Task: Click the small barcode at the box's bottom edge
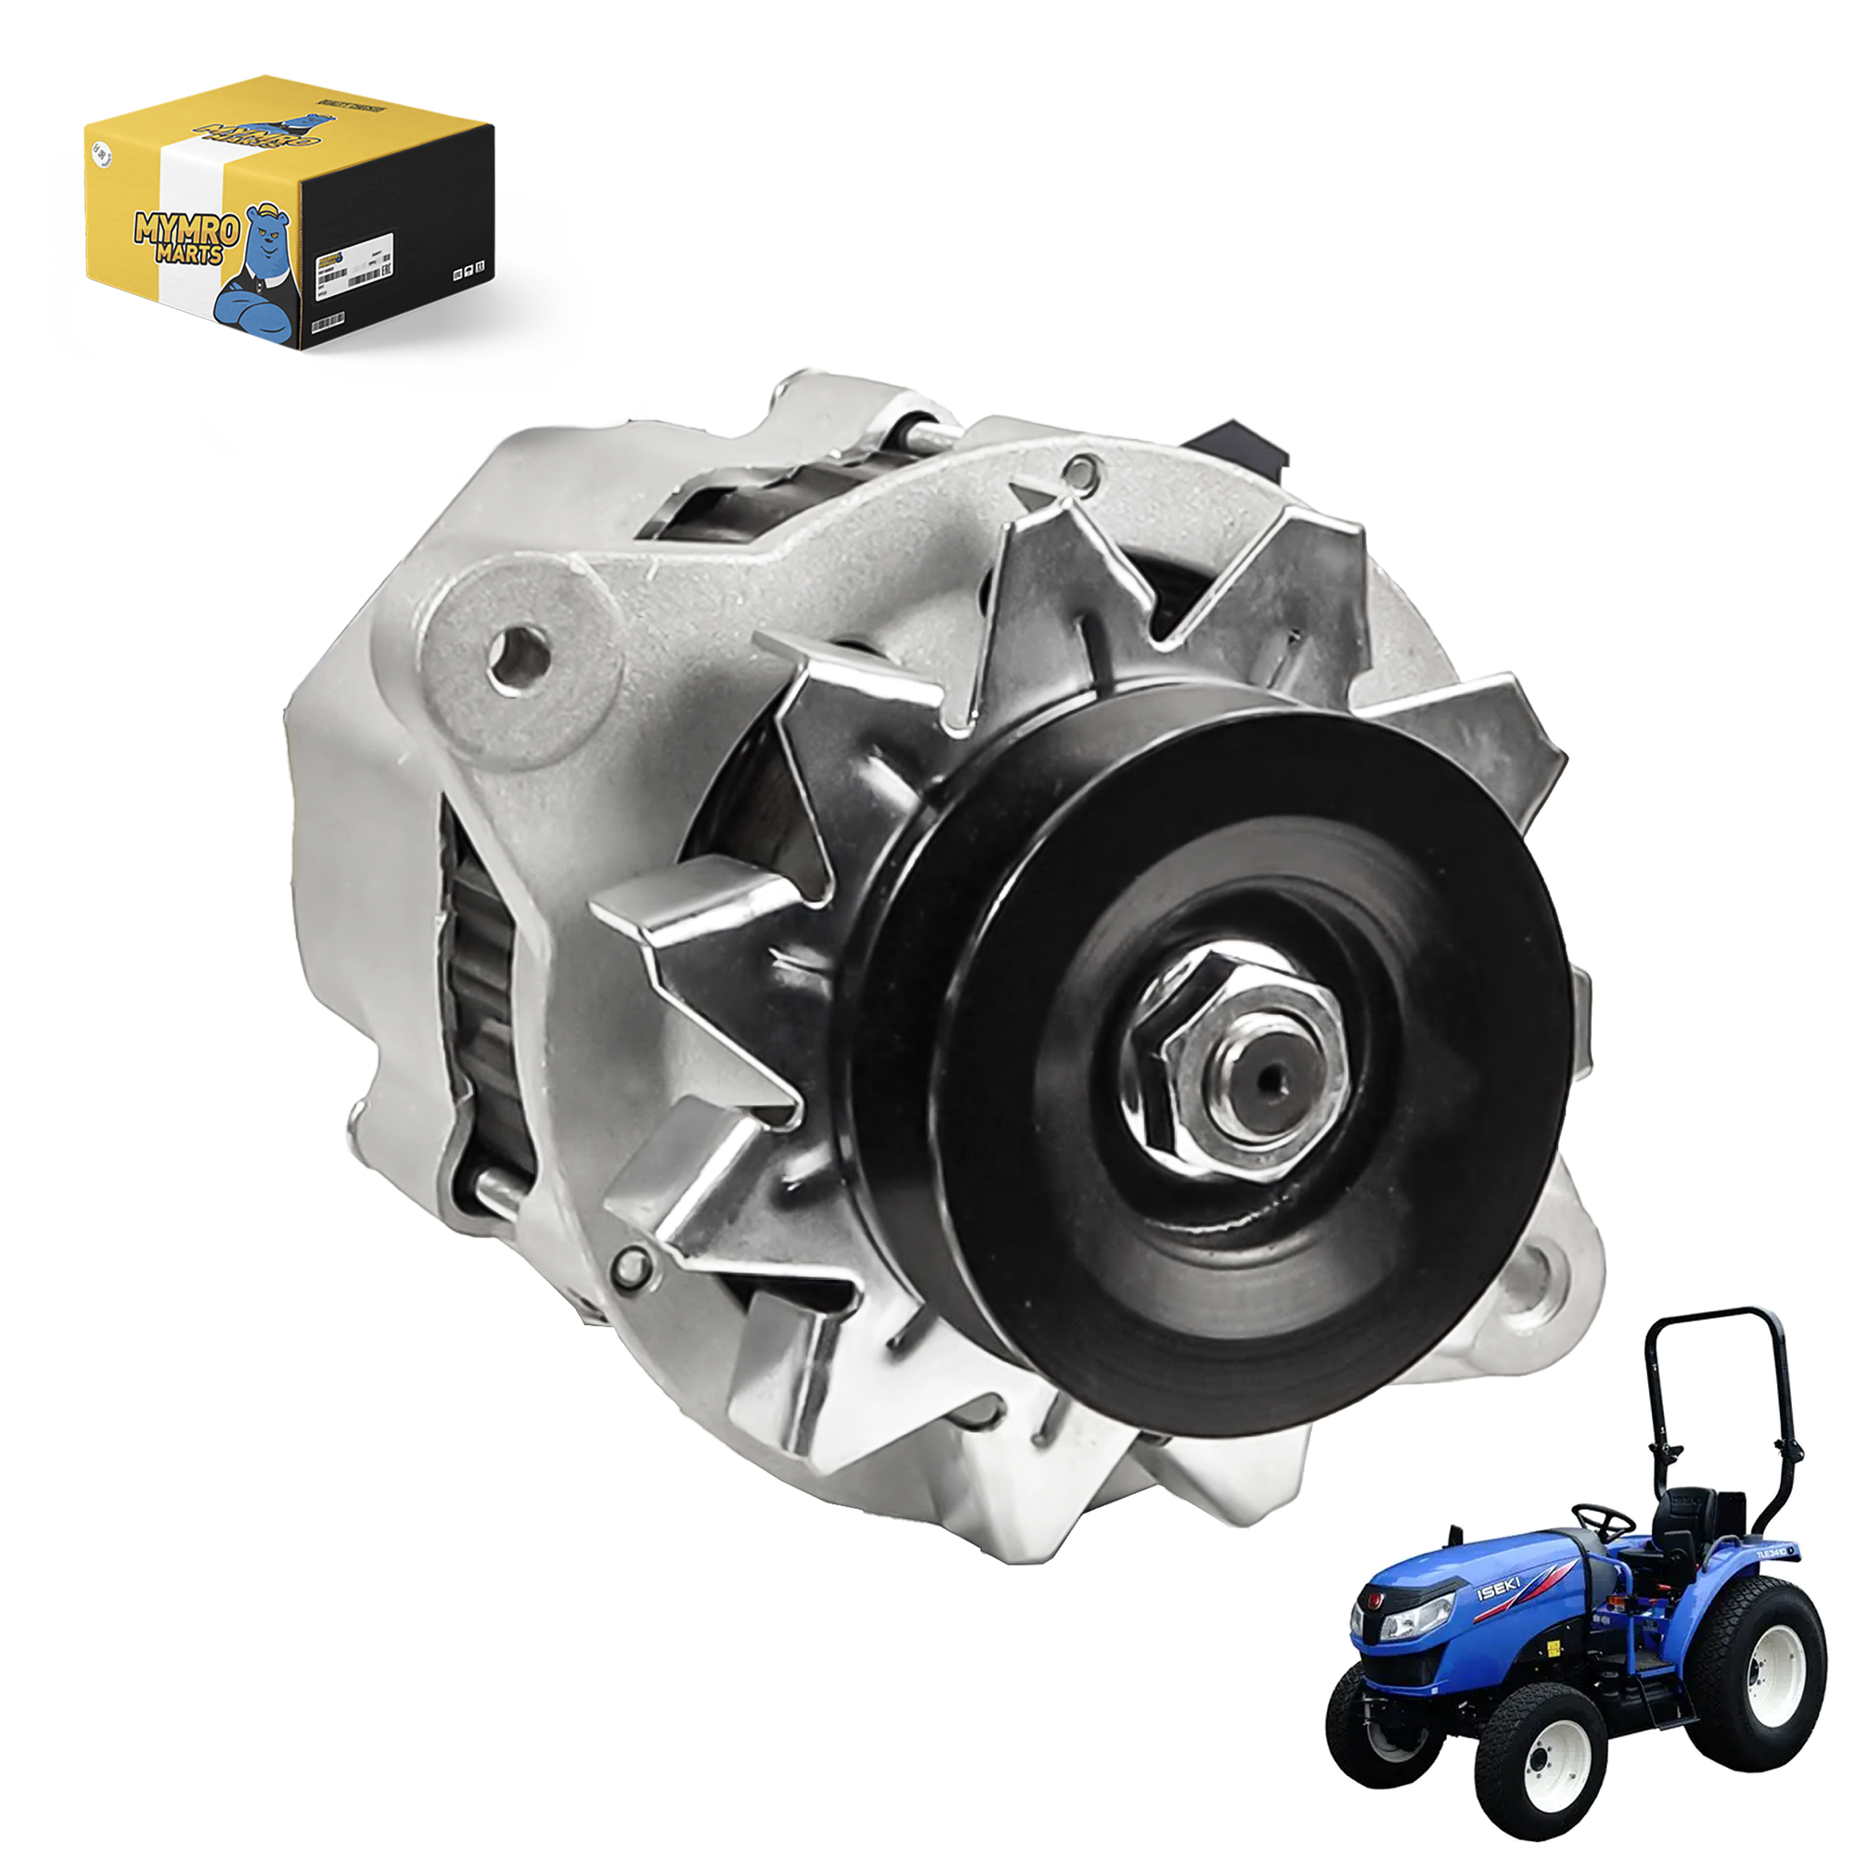click(327, 322)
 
